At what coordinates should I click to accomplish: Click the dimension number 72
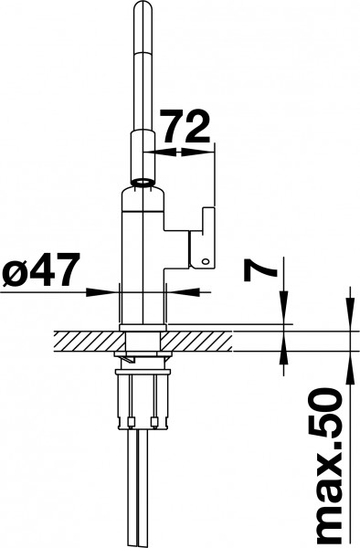point(185,127)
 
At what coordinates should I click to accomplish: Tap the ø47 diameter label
point(41,269)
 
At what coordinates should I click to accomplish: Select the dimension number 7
point(260,270)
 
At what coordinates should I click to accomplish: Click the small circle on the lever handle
point(206,261)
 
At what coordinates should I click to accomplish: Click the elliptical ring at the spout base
point(143,182)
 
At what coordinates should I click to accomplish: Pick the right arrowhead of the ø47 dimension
point(184,292)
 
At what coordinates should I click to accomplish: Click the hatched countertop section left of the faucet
point(90,342)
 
